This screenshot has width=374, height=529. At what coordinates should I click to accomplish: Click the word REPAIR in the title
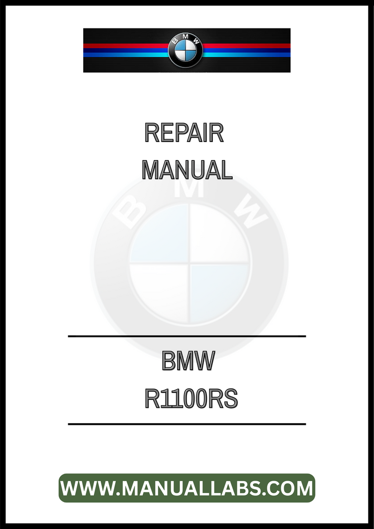pyautogui.click(x=184, y=133)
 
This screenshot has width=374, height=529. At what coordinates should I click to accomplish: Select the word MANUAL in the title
pyautogui.click(x=187, y=170)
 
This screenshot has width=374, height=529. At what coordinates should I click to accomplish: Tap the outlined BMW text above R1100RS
pyautogui.click(x=188, y=360)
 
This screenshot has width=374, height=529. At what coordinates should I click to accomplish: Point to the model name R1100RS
pyautogui.click(x=191, y=398)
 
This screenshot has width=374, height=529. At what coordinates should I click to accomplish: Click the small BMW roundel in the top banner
pyautogui.click(x=186, y=50)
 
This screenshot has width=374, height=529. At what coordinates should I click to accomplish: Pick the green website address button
pyautogui.click(x=187, y=488)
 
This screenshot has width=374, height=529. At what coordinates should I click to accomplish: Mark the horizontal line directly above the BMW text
pyautogui.click(x=187, y=336)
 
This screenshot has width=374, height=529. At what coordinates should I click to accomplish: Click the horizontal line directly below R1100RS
pyautogui.click(x=187, y=424)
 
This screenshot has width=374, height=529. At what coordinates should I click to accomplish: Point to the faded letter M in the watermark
pyautogui.click(x=189, y=189)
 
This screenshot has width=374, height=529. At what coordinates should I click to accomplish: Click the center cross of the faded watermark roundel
pyautogui.click(x=189, y=263)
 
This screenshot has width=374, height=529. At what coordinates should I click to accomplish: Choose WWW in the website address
pyautogui.click(x=88, y=488)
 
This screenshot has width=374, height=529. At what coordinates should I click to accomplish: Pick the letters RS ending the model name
pyautogui.click(x=222, y=398)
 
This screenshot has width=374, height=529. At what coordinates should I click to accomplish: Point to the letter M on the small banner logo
pyautogui.click(x=186, y=37)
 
